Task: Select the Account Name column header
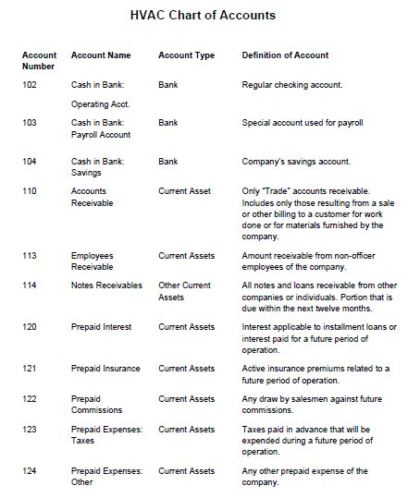coord(101,55)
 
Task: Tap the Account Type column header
coord(186,55)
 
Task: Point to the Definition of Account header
coord(285,55)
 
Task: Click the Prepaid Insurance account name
coord(105,369)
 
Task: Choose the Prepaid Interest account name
coord(101,327)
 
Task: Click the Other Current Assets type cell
coord(184,291)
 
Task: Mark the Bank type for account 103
coord(168,122)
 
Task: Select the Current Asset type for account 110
coord(184,191)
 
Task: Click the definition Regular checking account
coord(292,85)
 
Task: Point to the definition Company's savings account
coord(296,162)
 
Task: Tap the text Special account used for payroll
coord(302,122)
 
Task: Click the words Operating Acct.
coord(100,104)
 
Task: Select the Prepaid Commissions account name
coord(96,404)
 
